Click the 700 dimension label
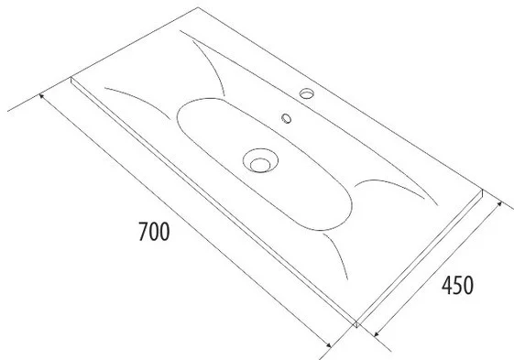tap(154, 232)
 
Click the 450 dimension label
tap(457, 285)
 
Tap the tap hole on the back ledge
tap(307, 93)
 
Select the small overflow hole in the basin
tap(286, 118)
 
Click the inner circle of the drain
tap(260, 165)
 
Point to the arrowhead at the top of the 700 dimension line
tap(41, 96)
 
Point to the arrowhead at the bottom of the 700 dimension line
tap(329, 344)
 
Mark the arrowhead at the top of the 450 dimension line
tap(499, 204)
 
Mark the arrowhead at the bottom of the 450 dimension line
tap(376, 333)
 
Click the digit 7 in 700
tap(143, 232)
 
